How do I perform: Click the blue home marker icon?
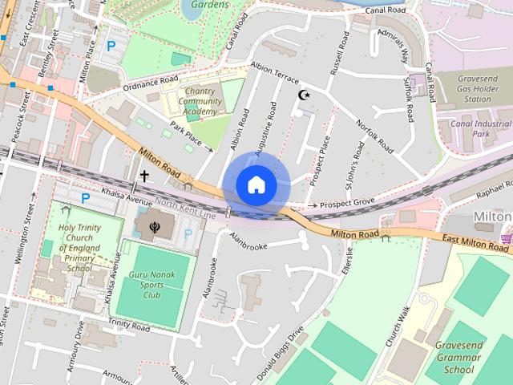click(256, 184)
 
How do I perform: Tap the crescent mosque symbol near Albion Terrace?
click(304, 95)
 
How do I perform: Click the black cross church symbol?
click(145, 176)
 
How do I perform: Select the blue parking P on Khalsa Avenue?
click(85, 197)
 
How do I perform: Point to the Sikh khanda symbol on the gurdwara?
click(154, 216)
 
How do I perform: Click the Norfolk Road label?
click(375, 136)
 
